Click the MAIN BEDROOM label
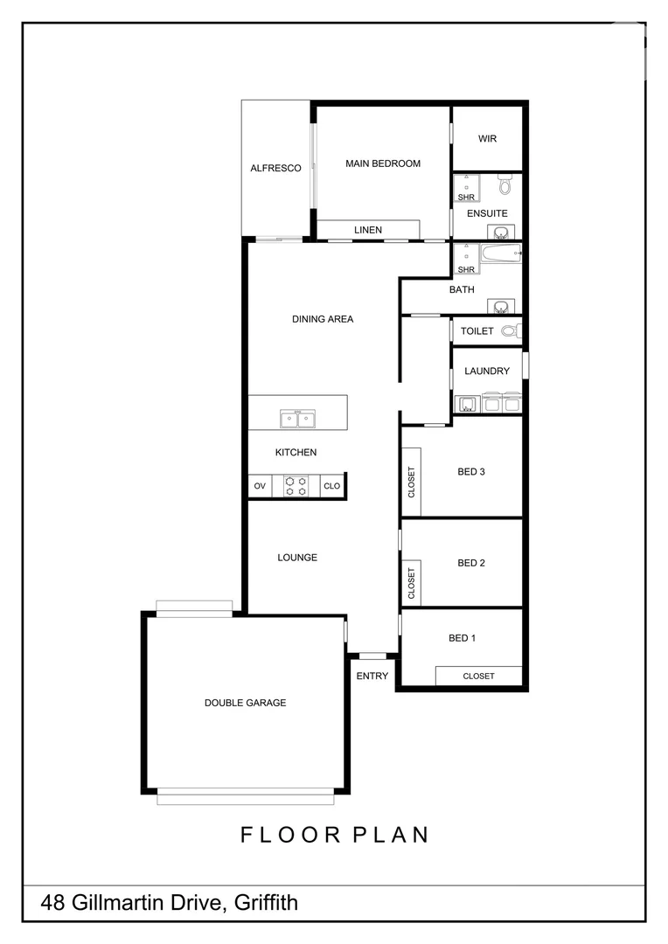(382, 163)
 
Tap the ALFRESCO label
(275, 168)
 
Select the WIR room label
(487, 139)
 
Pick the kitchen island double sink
(297, 420)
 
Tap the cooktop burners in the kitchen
(296, 486)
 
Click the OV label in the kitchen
(260, 486)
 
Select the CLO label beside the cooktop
(331, 486)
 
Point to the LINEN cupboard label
(367, 230)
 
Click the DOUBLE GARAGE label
(245, 703)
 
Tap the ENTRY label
(372, 676)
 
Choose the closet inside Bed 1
(478, 676)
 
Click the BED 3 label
(470, 472)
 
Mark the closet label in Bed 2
(411, 583)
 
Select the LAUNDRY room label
(487, 371)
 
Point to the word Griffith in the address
(264, 902)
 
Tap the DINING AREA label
(323, 319)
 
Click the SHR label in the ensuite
(465, 198)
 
